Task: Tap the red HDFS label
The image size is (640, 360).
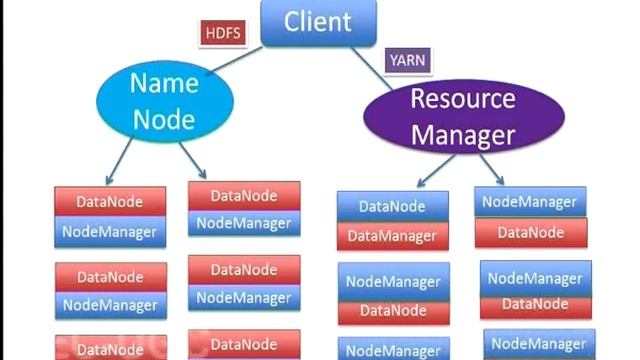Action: (x=222, y=32)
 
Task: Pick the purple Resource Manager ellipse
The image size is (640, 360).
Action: (x=462, y=115)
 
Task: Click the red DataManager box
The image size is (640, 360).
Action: (x=392, y=236)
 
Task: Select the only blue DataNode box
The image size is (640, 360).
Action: (x=392, y=207)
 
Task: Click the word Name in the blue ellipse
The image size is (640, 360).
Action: (x=165, y=83)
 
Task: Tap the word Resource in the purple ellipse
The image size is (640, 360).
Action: (x=462, y=99)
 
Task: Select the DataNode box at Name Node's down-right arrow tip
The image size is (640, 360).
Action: (x=244, y=196)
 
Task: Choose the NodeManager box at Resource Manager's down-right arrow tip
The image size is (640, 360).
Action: (x=529, y=202)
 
